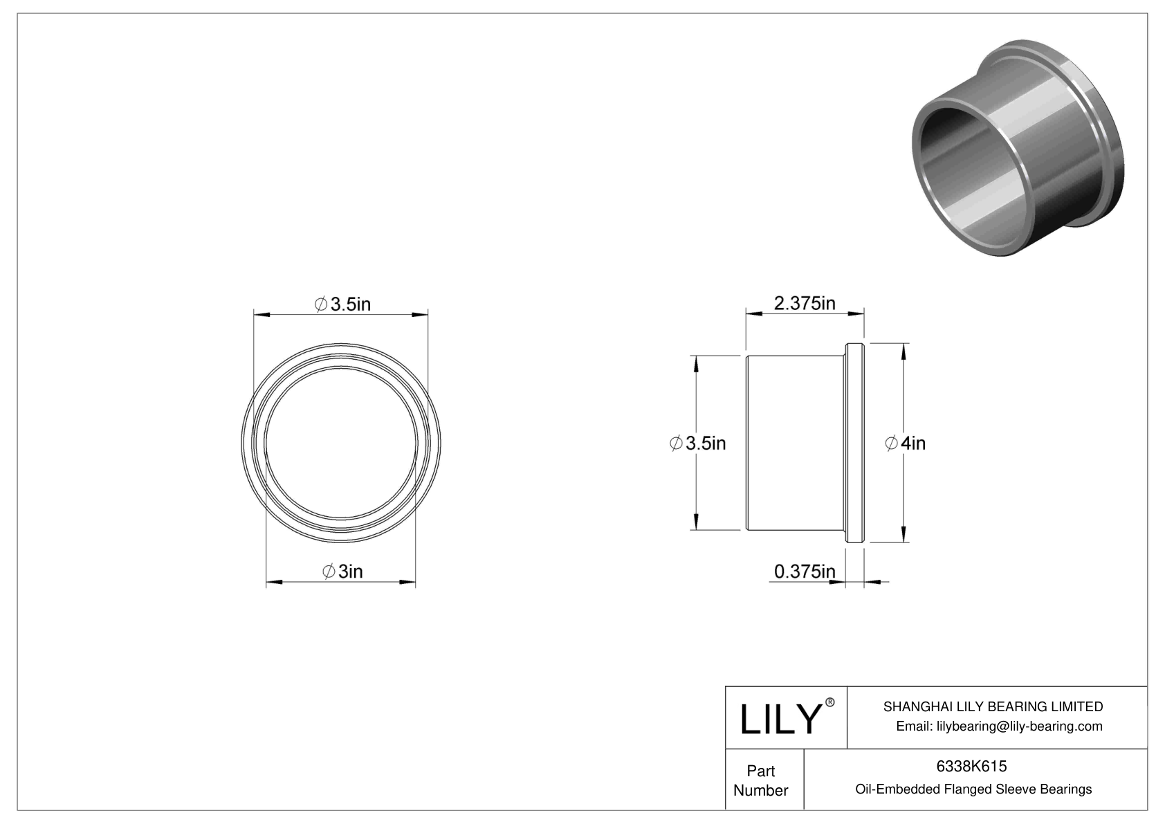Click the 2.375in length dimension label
804,303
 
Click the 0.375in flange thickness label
804,571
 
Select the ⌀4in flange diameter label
905,443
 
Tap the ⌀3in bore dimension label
342,571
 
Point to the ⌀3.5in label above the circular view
342,304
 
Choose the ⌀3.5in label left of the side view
698,443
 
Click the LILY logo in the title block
780,720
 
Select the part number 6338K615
972,766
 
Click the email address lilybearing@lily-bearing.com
999,726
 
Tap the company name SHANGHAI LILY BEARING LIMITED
993,706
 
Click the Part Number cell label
761,780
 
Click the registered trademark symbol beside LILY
830,703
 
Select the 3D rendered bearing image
1017,149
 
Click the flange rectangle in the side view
854,443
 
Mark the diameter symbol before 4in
892,443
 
